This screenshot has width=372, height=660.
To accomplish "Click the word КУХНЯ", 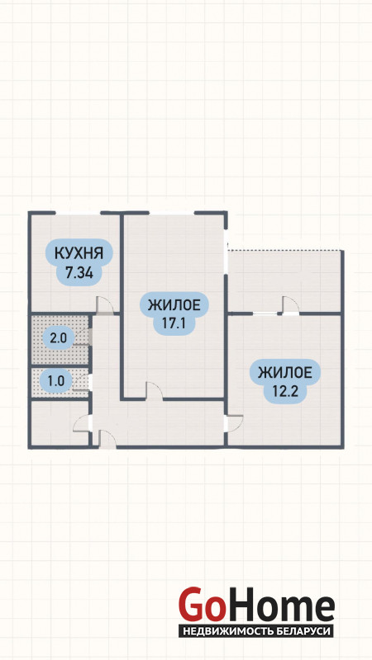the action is tap(79, 253).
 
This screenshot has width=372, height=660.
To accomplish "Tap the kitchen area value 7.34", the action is tap(79, 273).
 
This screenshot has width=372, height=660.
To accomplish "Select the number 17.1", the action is tap(174, 323).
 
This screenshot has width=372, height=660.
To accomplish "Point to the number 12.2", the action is tap(286, 392).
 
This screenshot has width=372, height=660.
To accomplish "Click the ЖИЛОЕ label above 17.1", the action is tap(174, 303).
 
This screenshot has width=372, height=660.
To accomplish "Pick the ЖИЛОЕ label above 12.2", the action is tap(285, 373).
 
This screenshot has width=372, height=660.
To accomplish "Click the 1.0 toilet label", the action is tap(55, 381).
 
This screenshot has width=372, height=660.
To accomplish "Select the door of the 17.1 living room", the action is tap(155, 389).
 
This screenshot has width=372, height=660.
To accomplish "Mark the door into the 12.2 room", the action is tap(235, 423).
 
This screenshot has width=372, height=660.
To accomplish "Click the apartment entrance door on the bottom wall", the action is tap(107, 439).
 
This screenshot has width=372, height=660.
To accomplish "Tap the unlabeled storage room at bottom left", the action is tap(60, 422).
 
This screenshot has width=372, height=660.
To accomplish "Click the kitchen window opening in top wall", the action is tap(78, 213).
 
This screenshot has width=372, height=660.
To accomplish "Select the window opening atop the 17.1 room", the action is tap(172, 213).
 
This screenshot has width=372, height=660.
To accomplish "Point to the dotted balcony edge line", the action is tap(284, 251).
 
